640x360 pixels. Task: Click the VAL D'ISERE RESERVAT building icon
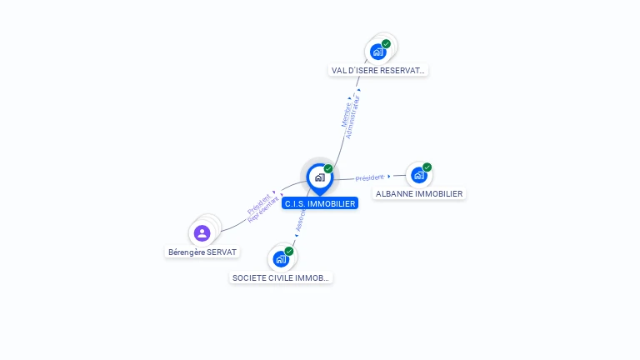click(x=378, y=52)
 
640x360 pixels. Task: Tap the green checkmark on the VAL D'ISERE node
click(x=386, y=43)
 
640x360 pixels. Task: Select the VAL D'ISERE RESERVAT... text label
click(x=377, y=71)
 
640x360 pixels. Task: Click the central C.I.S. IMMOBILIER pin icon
click(x=319, y=177)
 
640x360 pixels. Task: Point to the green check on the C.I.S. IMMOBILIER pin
click(x=328, y=168)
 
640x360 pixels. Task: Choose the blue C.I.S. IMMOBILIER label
click(x=319, y=203)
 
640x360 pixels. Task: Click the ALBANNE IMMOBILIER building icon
click(x=419, y=175)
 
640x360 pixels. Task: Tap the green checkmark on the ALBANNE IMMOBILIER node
click(x=427, y=167)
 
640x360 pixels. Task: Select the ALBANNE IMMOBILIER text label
click(x=419, y=194)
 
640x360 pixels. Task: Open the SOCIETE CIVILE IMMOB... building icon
click(x=281, y=258)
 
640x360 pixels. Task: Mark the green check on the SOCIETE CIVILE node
click(x=289, y=251)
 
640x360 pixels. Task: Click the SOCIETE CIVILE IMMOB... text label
click(x=281, y=277)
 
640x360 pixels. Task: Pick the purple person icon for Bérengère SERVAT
click(x=202, y=233)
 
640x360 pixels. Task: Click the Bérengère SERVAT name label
click(x=202, y=252)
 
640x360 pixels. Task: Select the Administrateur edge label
click(x=355, y=117)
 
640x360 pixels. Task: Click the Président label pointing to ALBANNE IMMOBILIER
click(x=369, y=177)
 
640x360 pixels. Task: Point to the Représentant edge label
click(x=263, y=209)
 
